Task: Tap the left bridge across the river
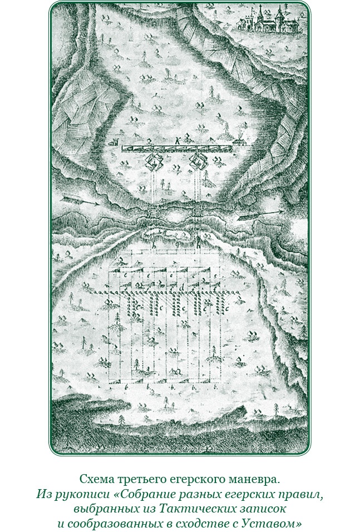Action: coord(152,214)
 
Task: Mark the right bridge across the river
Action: coord(198,213)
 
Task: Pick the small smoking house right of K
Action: coord(240,143)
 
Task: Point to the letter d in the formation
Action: coord(183,287)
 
